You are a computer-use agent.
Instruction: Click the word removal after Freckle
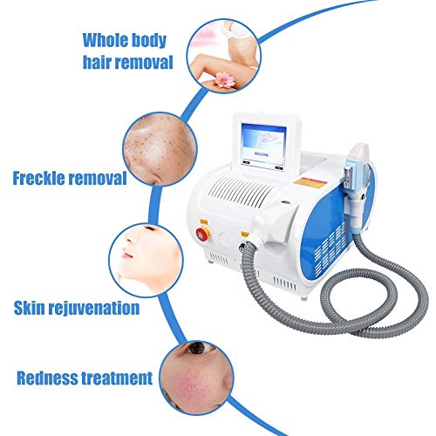coord(98,178)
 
